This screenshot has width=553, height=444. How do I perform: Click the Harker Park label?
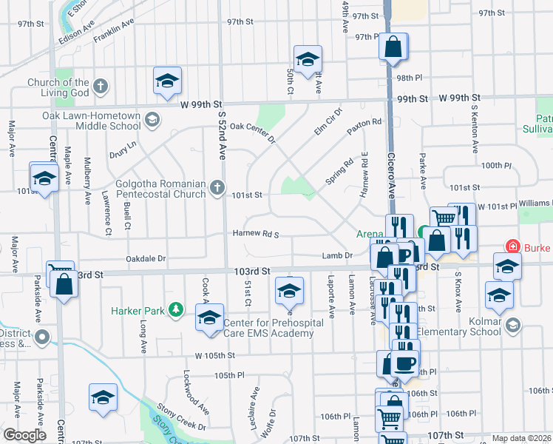(x=138, y=311)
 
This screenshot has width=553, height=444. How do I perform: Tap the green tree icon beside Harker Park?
(x=176, y=309)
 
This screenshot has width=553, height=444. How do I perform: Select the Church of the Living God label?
(x=58, y=87)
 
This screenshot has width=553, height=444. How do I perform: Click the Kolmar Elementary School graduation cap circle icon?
(x=513, y=324)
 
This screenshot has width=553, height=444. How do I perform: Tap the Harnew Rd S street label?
(x=255, y=235)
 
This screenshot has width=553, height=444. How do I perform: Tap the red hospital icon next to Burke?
(x=511, y=246)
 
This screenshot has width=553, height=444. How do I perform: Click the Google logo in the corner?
(x=24, y=435)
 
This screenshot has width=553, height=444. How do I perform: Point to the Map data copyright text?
(x=520, y=438)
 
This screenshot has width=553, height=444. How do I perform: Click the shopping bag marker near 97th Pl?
(x=393, y=47)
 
